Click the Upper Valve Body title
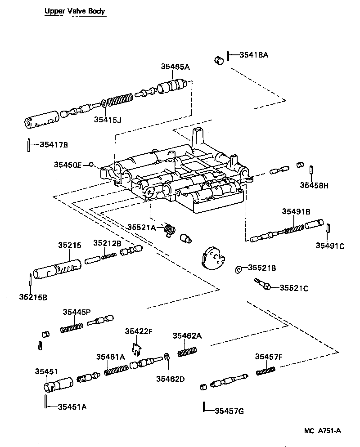pyautogui.click(x=75, y=11)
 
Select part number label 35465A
pyautogui.click(x=175, y=67)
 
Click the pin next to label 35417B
pyautogui.click(x=28, y=145)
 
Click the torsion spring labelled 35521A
pyautogui.click(x=169, y=229)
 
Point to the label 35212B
pyautogui.click(x=107, y=243)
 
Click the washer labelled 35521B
pyautogui.click(x=238, y=270)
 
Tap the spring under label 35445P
pyautogui.click(x=72, y=327)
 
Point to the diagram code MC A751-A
pyautogui.click(x=322, y=430)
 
